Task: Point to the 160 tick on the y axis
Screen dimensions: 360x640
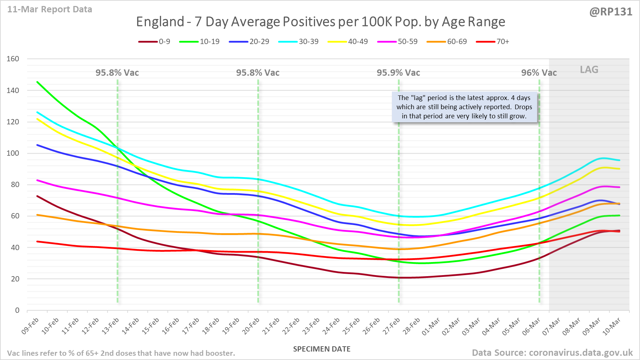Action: (x=13, y=59)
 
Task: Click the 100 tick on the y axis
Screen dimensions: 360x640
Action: (x=13, y=153)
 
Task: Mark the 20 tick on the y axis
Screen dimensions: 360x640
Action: (x=15, y=279)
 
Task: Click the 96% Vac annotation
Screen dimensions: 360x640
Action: (x=539, y=73)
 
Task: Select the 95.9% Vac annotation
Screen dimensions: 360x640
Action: (x=398, y=73)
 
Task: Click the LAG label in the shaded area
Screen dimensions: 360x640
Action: (x=589, y=70)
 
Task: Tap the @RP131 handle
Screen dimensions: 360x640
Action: (x=611, y=12)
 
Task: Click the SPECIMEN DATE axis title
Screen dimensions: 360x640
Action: (x=322, y=349)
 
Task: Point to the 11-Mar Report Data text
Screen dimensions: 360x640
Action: (x=50, y=10)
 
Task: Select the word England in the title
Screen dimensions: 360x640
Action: (x=160, y=22)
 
